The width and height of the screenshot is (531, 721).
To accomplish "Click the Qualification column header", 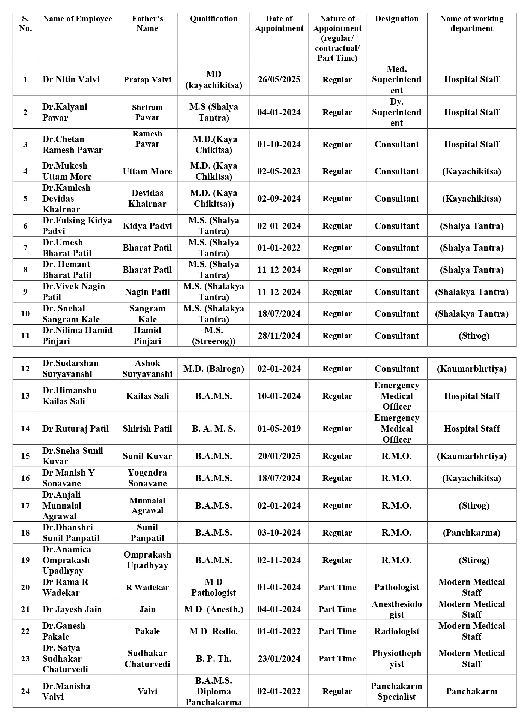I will click(213, 19).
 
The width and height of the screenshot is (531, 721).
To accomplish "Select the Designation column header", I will click(396, 19).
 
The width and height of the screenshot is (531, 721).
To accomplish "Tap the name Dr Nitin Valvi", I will click(71, 79).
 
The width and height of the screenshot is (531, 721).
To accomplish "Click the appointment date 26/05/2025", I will click(279, 79).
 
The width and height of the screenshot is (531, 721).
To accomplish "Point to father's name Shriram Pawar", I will click(147, 112).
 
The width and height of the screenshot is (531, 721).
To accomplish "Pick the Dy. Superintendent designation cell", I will click(396, 112).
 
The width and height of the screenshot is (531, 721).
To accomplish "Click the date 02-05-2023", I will click(279, 171).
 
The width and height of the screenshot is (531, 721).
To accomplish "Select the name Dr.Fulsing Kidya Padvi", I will click(77, 226).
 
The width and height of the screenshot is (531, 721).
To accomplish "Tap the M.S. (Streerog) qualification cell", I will click(213, 335).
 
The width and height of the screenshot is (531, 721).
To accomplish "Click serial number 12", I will click(25, 368).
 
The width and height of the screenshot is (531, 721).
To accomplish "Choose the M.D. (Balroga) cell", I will click(213, 368).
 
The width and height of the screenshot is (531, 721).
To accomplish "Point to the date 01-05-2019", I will click(279, 428).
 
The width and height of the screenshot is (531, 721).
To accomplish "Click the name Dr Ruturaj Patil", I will click(75, 428).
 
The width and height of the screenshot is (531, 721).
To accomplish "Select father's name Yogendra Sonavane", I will click(147, 478).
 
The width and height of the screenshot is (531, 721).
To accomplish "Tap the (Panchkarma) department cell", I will click(471, 533).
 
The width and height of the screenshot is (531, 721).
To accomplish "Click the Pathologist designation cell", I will click(396, 587).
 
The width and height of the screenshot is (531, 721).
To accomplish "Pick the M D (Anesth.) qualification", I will click(213, 609).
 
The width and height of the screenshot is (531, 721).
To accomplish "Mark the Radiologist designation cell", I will click(396, 631).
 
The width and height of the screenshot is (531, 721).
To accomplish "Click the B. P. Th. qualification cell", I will click(213, 658).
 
